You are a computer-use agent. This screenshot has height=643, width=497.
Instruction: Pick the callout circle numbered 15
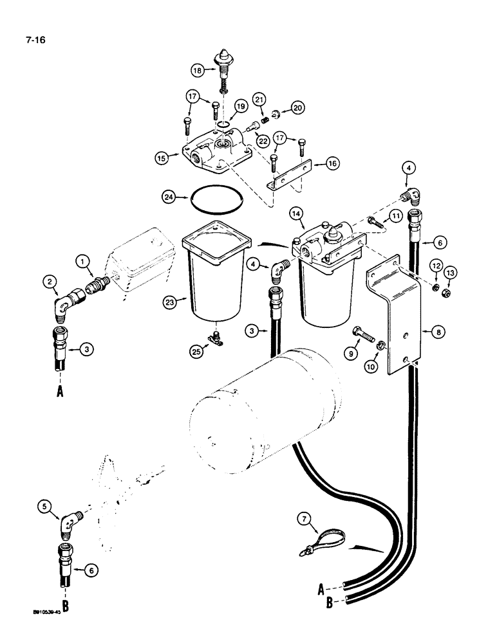[x=162, y=156]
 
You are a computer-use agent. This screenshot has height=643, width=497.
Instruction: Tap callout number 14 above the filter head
[x=297, y=211]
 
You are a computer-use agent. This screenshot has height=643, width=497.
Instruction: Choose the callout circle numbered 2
[x=49, y=280]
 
